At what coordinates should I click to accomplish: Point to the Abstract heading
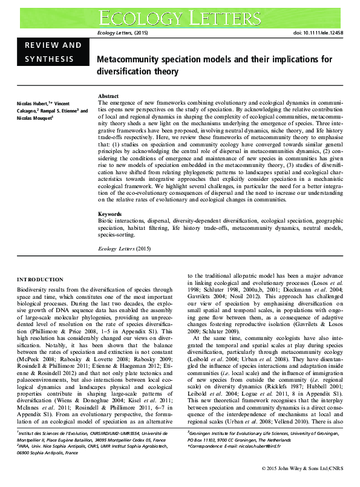click(108, 96)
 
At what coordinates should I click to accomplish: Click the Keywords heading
click(111, 215)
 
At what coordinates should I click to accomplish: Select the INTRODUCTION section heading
click(40, 279)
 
